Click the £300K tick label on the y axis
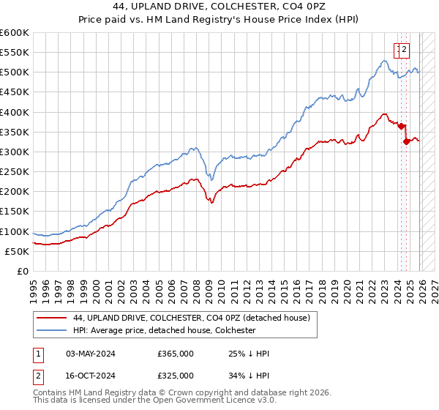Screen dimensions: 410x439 click(15, 152)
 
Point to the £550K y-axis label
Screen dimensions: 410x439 click(15, 53)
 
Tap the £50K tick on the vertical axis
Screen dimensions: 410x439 click(17, 251)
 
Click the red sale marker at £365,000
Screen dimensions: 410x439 click(401, 126)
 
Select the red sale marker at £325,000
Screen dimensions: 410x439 click(406, 141)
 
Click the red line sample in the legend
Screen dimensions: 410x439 click(51, 318)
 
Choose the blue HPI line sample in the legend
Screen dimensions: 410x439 click(51, 330)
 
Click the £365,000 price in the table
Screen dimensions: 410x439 click(176, 354)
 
